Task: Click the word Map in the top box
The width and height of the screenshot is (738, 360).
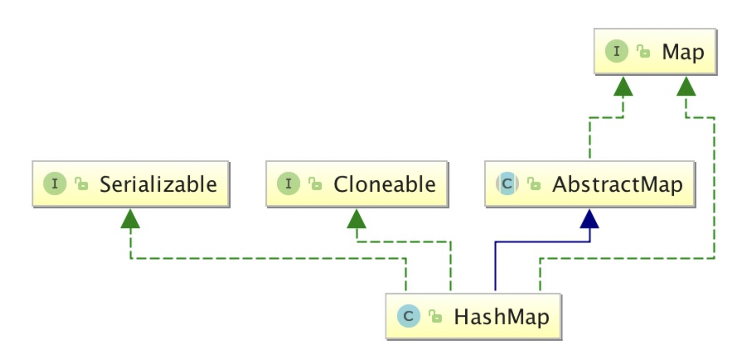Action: coord(683,53)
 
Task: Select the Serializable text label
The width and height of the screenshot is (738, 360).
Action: coord(158,184)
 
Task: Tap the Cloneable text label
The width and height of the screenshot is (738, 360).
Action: coord(384,184)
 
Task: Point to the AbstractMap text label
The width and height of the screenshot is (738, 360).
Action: coord(617,184)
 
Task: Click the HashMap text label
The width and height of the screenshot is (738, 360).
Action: coord(501,317)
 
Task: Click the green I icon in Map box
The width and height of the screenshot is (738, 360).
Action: coord(616,51)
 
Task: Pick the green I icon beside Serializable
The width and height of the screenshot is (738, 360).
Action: coord(54,184)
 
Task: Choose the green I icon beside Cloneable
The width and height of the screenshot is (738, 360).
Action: coord(288,184)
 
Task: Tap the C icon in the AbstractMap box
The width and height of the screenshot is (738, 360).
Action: coord(507,184)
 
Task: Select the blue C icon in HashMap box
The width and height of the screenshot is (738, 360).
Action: coord(408,316)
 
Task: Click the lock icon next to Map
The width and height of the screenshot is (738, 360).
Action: coord(643,51)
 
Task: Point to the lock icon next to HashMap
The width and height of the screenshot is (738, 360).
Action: coord(435,316)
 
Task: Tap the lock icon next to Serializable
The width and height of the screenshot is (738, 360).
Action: coord(82,184)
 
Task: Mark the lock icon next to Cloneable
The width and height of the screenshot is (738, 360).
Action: coord(315,184)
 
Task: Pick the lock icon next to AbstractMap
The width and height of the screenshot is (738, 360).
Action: coord(534,184)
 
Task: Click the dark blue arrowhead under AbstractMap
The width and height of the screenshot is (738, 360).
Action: coord(589,220)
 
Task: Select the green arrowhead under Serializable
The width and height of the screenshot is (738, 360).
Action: coord(130,220)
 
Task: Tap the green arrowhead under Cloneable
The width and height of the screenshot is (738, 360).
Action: coord(357,220)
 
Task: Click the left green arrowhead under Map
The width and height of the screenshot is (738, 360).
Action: coord(623,87)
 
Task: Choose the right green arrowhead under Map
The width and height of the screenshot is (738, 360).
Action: coord(686,87)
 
